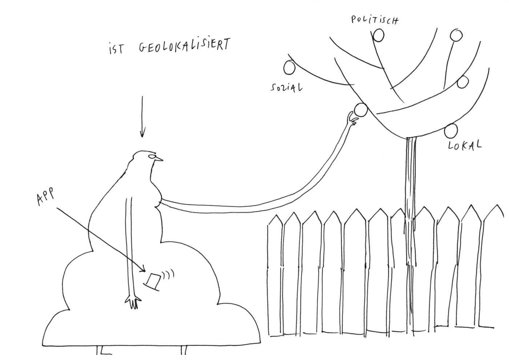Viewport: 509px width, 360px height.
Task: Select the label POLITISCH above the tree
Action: click(374, 19)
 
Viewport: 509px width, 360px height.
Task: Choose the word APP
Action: click(45, 198)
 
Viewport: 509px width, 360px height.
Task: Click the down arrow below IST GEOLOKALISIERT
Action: click(142, 116)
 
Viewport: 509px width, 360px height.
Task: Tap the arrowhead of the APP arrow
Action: click(145, 270)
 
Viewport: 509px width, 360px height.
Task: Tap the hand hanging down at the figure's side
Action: click(133, 301)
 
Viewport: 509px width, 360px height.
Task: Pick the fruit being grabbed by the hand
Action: click(361, 110)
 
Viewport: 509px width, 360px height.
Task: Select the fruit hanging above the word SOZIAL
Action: click(289, 67)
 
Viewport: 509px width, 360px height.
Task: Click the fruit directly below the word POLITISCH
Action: click(378, 35)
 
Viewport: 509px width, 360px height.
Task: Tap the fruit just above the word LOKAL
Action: click(451, 130)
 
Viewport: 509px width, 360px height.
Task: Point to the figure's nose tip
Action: click(162, 160)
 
